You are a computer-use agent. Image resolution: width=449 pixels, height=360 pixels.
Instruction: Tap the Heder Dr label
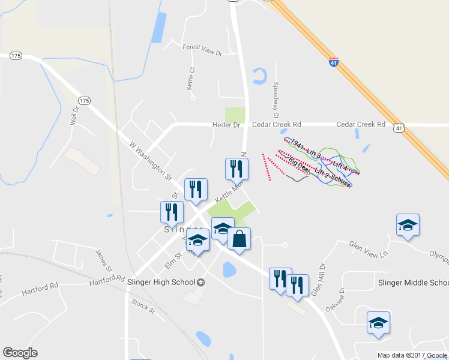tap(226, 125)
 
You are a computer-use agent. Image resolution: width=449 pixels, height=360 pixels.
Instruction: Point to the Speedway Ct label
tap(276, 100)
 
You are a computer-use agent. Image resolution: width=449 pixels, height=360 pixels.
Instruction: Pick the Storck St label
tap(143, 306)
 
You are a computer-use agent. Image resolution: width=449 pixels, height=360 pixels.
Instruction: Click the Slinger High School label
tap(162, 282)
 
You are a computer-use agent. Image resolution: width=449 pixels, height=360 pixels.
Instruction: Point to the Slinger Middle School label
tap(413, 283)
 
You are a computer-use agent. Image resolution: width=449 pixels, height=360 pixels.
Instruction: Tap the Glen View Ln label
tap(369, 249)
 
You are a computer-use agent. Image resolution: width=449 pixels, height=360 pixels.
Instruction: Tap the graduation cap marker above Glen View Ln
tap(408, 224)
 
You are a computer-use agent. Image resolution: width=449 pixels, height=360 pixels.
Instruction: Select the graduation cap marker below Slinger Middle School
tap(378, 322)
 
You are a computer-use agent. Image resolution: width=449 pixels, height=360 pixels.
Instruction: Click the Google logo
tap(20, 353)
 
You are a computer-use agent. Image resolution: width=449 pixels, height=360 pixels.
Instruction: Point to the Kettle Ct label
tap(192, 79)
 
